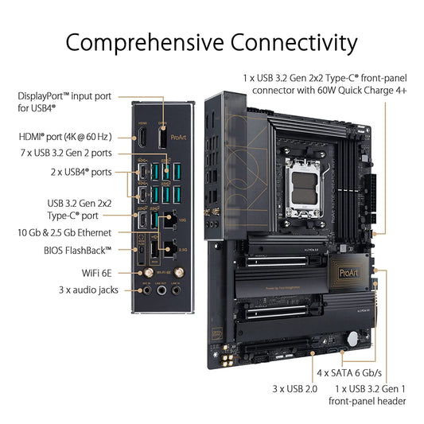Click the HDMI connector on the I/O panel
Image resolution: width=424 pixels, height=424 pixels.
click(x=143, y=138)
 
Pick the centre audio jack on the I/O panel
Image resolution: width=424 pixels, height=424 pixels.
click(x=164, y=291)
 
